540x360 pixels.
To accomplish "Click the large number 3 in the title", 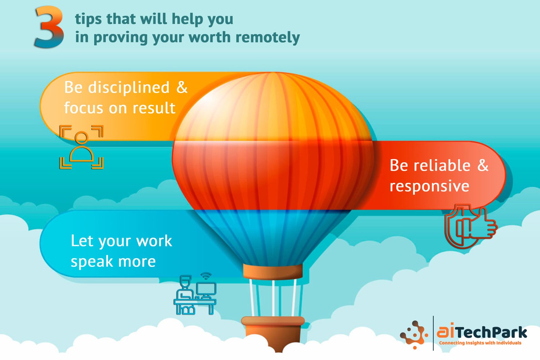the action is (x=49, y=27).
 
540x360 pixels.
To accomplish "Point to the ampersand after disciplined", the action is (x=182, y=87).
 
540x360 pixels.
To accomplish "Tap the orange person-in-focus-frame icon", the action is (x=81, y=147).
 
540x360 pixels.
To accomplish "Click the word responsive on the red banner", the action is (x=429, y=187).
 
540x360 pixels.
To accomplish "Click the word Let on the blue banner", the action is (x=82, y=241).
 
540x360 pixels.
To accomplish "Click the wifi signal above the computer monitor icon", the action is (x=206, y=276).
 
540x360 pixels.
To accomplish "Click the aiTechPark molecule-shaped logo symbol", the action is (x=414, y=335).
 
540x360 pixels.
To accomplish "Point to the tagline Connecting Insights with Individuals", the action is (x=480, y=343).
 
